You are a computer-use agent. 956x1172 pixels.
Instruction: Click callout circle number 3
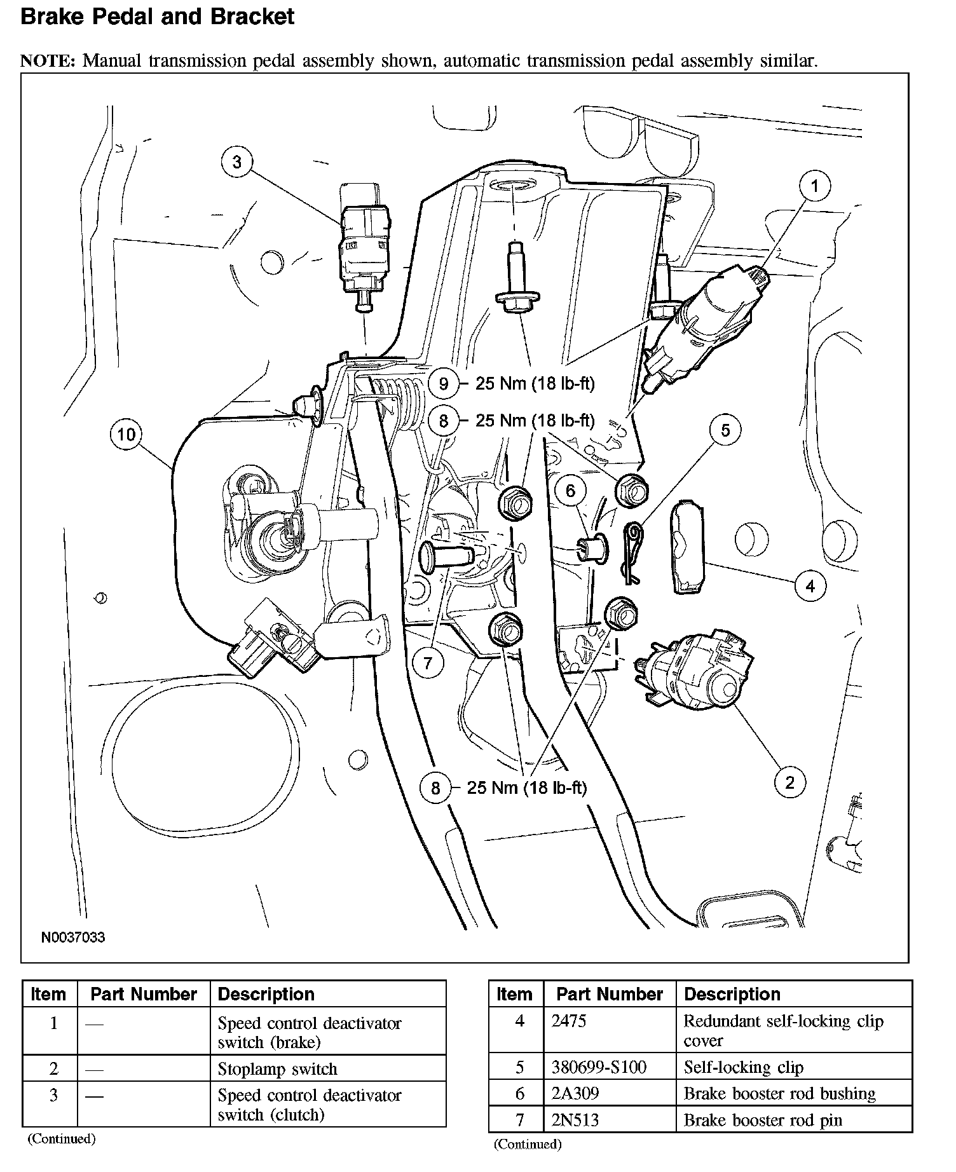click(x=237, y=162)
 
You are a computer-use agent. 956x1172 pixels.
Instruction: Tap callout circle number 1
click(x=814, y=186)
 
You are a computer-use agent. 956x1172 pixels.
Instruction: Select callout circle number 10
click(x=126, y=434)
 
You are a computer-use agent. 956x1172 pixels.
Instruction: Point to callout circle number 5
click(x=725, y=430)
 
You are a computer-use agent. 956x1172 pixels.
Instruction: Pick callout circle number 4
click(x=810, y=585)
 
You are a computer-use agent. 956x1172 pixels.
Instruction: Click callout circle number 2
click(x=789, y=782)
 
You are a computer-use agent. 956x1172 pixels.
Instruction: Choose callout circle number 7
click(x=428, y=663)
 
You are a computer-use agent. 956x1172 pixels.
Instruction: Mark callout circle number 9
click(x=444, y=383)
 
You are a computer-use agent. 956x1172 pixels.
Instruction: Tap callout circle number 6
click(x=570, y=490)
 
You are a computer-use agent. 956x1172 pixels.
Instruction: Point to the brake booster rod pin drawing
click(x=447, y=555)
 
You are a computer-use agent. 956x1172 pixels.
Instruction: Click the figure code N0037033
click(x=73, y=937)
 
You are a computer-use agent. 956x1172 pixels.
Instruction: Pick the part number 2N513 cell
click(x=575, y=1120)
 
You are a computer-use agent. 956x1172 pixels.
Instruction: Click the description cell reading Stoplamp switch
click(x=277, y=1069)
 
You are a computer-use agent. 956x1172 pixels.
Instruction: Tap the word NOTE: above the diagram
click(x=48, y=61)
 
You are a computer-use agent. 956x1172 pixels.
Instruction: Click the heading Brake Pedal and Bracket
click(x=157, y=17)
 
